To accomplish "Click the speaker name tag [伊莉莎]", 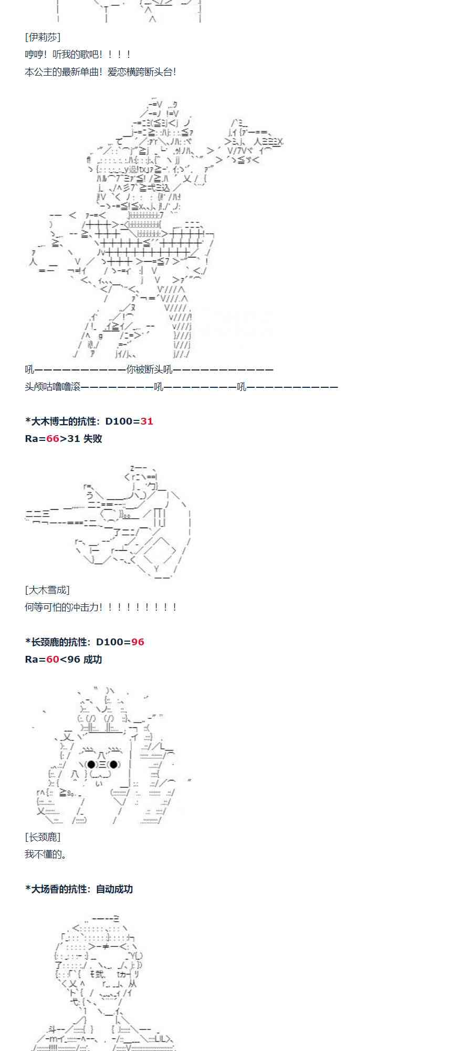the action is [43, 37].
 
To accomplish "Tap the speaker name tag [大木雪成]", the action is [47, 590].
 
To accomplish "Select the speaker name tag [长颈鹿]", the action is [43, 837].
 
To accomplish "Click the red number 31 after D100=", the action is [147, 421].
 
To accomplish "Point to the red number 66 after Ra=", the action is [53, 439].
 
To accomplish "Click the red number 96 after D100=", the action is [138, 642].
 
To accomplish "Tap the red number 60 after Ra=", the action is [53, 660].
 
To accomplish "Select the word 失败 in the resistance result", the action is [92, 439].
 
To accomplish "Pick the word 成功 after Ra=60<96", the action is [92, 660].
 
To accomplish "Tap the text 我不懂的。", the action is [46, 854].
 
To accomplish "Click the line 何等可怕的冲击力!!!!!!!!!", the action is [100, 607].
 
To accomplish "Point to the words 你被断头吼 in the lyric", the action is [149, 369].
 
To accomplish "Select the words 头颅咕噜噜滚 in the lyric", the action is [53, 387].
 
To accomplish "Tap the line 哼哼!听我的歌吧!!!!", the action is [78, 55].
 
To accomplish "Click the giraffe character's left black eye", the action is [91, 765].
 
